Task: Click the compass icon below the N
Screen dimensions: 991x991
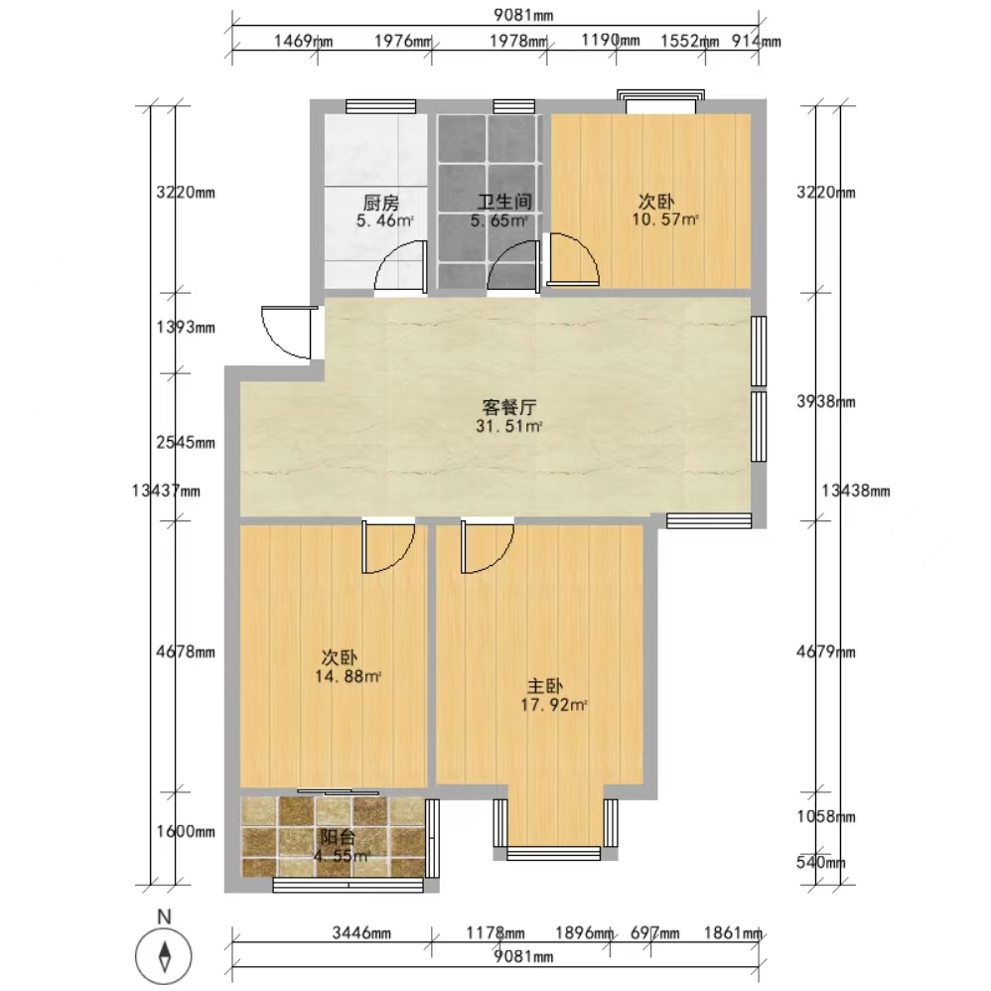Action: [163, 955]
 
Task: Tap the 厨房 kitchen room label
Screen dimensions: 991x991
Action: [381, 203]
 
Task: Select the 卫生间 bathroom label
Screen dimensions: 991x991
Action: [504, 202]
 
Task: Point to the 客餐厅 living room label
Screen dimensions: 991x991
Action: [509, 407]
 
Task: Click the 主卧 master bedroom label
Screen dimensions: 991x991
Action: [545, 686]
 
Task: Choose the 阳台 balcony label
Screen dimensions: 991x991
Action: [338, 837]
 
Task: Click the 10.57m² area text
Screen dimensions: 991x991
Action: [665, 219]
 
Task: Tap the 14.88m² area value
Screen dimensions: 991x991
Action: [348, 677]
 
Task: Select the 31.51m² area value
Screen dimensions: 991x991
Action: [509, 426]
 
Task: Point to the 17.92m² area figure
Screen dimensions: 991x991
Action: [554, 705]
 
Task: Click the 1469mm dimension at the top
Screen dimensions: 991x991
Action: [303, 41]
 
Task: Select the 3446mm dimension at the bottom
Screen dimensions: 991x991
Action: [361, 932]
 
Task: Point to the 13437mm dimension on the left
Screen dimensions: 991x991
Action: [166, 491]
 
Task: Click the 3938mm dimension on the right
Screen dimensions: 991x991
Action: [825, 401]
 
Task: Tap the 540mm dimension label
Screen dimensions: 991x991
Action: [820, 862]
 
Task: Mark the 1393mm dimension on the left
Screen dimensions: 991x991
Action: [185, 328]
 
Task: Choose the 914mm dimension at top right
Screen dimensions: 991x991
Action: [756, 41]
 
